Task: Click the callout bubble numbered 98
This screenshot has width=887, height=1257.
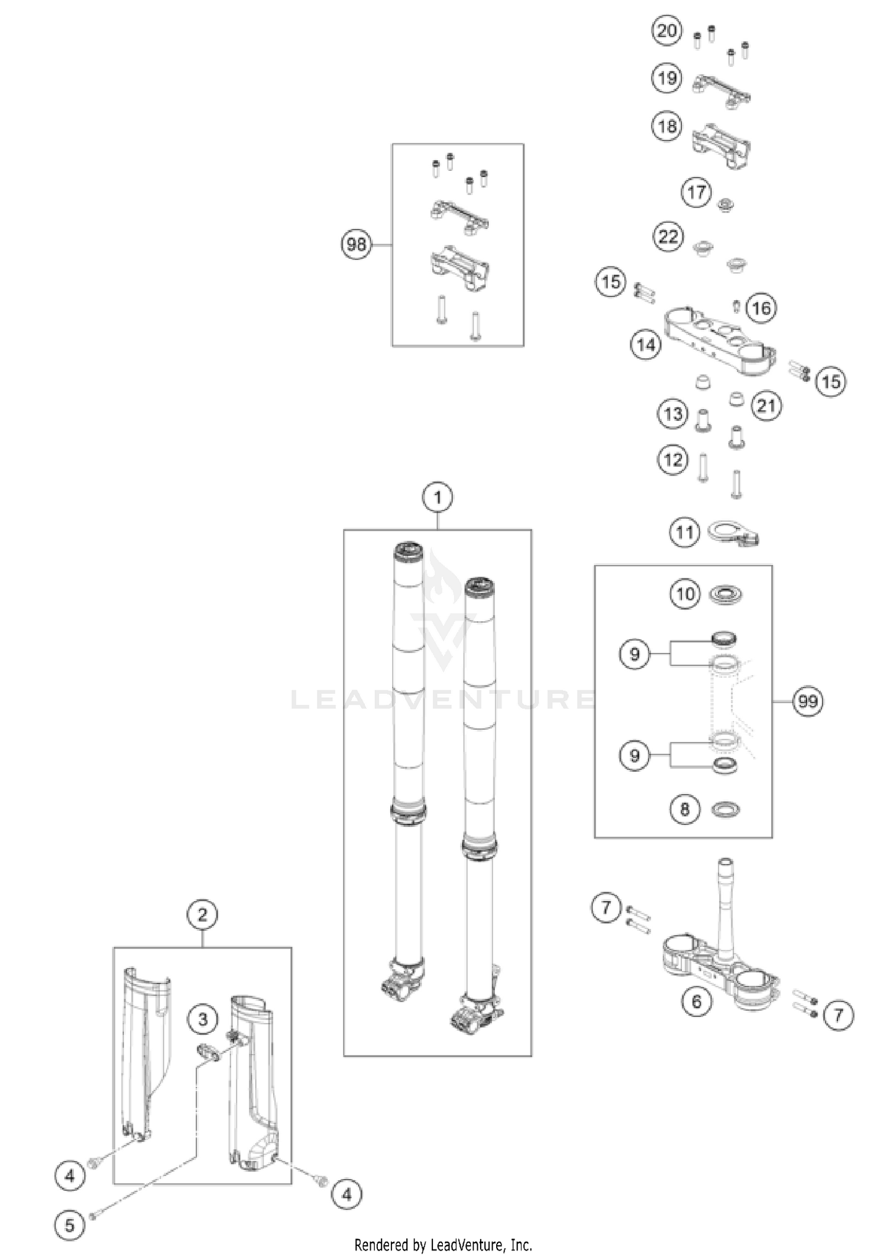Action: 357,243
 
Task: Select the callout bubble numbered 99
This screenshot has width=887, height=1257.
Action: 808,701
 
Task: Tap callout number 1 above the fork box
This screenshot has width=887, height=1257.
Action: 438,498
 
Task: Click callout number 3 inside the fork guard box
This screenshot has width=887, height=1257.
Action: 203,1019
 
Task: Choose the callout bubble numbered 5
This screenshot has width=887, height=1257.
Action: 70,1224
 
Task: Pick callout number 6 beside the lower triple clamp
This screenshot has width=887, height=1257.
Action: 697,1001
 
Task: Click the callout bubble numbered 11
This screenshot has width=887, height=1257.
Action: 685,532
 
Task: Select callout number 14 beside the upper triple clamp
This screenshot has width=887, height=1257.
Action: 646,344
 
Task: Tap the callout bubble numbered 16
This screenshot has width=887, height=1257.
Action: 762,308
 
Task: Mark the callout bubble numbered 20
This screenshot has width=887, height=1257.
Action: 667,30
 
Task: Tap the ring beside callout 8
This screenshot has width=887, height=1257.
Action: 725,809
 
